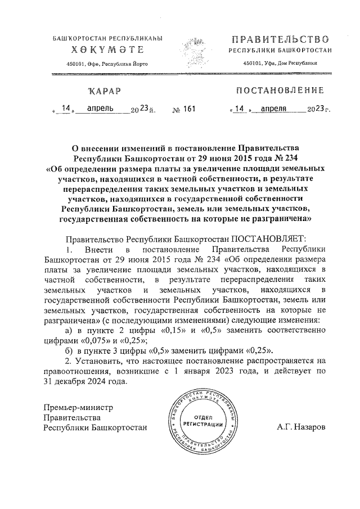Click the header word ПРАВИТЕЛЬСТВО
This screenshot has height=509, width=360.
[x=280, y=40]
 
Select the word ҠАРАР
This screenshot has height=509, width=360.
[x=103, y=91]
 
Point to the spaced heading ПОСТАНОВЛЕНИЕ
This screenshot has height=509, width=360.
[x=280, y=91]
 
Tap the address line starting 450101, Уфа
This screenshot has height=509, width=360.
[x=280, y=64]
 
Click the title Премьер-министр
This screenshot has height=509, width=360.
[x=79, y=407]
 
